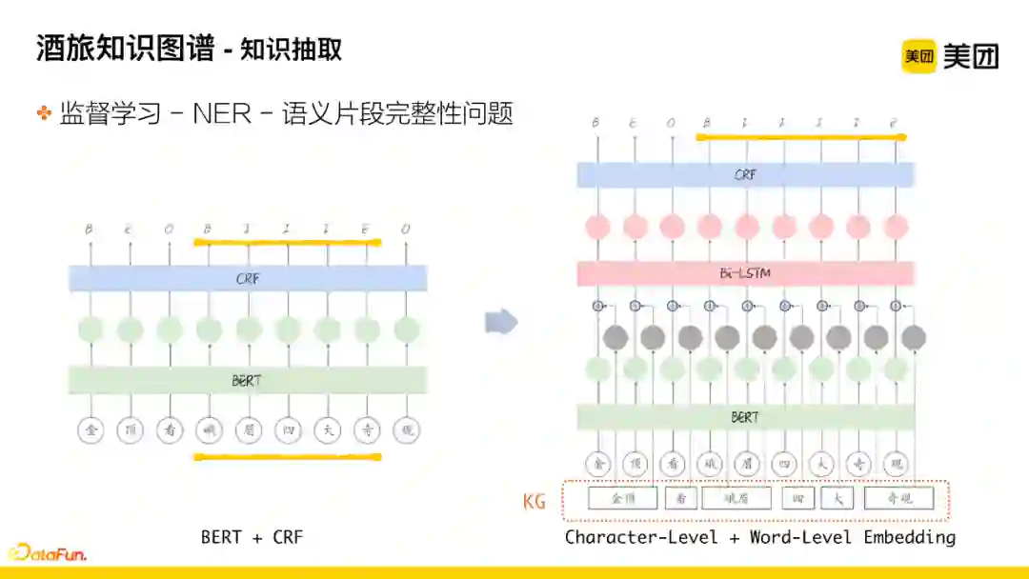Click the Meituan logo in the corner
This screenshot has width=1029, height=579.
click(x=949, y=56)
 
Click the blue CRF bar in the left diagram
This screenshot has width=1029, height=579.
click(x=248, y=279)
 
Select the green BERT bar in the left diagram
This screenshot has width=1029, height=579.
click(x=248, y=380)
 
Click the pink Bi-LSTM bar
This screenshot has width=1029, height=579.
click(x=745, y=274)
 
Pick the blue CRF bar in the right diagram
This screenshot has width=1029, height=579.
click(x=745, y=174)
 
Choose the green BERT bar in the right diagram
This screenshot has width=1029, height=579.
click(x=745, y=417)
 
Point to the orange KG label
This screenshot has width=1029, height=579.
click(x=535, y=501)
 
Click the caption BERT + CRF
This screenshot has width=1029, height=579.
click(x=252, y=537)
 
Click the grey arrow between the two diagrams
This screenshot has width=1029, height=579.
click(x=501, y=322)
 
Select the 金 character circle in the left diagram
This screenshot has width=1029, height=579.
click(x=91, y=430)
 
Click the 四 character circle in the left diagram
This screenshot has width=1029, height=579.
click(x=287, y=430)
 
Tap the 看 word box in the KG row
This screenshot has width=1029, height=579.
click(x=680, y=498)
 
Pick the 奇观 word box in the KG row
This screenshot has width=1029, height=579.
click(x=898, y=498)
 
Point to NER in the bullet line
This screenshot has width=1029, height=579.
click(x=222, y=113)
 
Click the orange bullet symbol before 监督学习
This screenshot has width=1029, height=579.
click(x=44, y=113)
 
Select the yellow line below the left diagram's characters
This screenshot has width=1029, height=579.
click(x=287, y=457)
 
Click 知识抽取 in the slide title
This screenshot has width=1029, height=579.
click(x=292, y=49)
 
